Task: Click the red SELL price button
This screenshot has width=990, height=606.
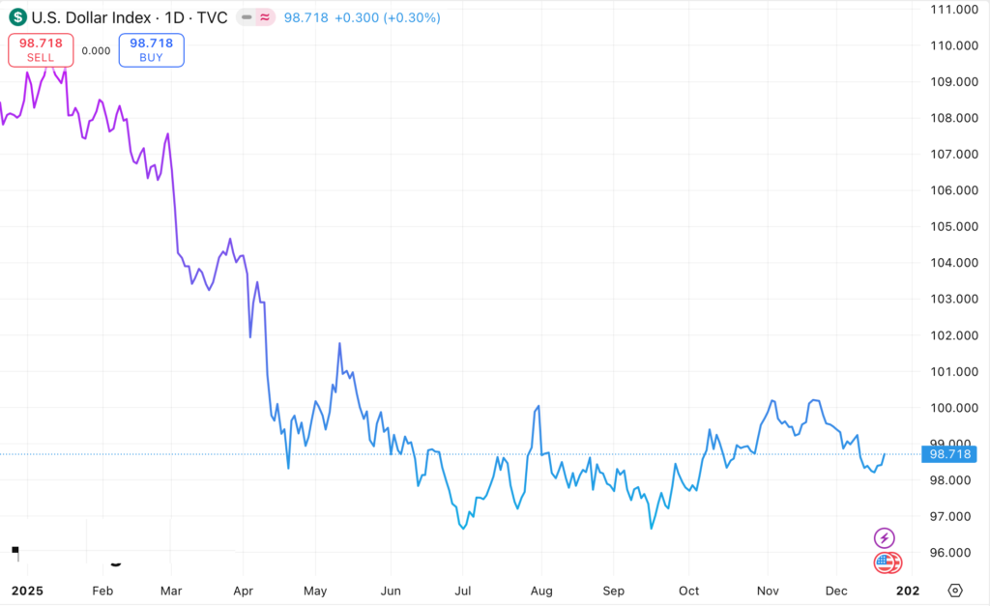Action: coord(41,50)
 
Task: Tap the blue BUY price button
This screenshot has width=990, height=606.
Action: coord(151,50)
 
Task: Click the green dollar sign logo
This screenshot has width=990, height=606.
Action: coord(17,16)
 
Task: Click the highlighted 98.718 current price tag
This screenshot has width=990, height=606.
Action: coord(949,453)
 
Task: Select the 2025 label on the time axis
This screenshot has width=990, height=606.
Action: coord(27,590)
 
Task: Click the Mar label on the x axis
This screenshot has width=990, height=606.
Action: coord(171,590)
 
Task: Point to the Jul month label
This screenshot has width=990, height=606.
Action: coord(463,590)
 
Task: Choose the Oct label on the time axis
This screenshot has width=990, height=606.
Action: coord(688,590)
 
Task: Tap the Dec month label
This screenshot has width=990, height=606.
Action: coord(837,590)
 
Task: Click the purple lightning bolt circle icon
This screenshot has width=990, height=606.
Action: coord(884,537)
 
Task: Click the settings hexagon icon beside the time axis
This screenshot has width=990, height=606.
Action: coord(955,590)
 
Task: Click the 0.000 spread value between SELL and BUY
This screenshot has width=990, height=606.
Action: coord(96,51)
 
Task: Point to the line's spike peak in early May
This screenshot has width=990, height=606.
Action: coord(339,343)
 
